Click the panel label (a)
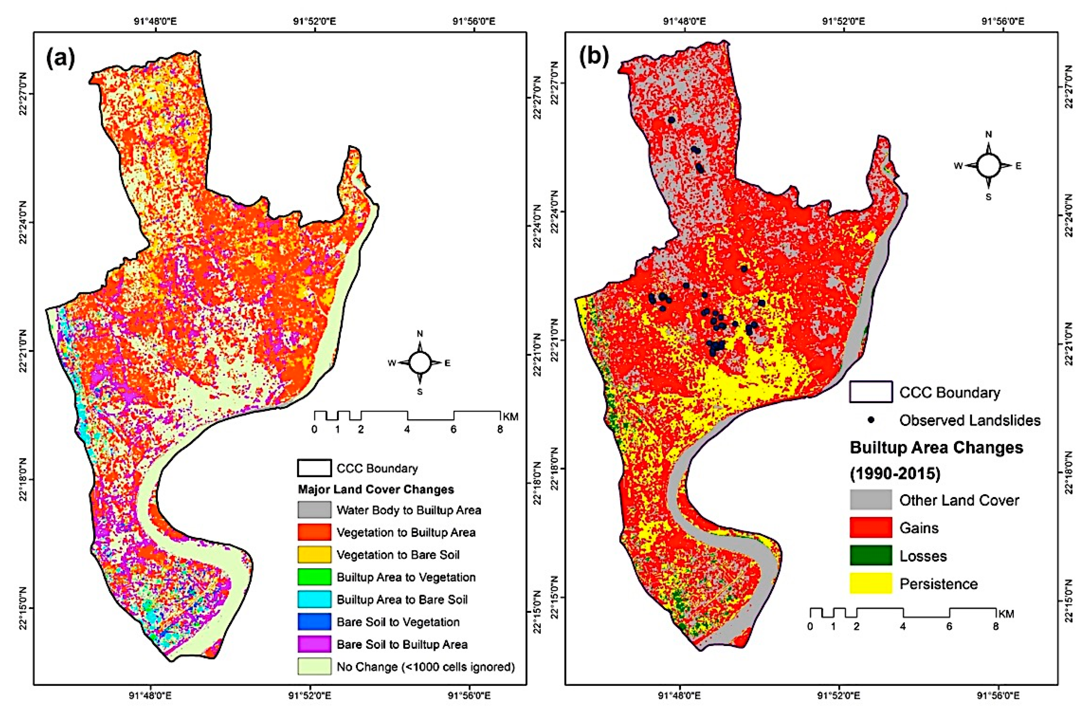pyautogui.click(x=60, y=58)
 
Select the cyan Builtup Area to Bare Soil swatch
pyautogui.click(x=314, y=599)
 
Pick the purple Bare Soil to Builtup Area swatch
pyautogui.click(x=314, y=644)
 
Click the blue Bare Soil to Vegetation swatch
pyautogui.click(x=314, y=622)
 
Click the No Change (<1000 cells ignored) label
pyautogui.click(x=426, y=666)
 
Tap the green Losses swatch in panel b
pyautogui.click(x=871, y=555)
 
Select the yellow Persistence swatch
pyautogui.click(x=871, y=583)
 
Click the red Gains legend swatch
pyautogui.click(x=871, y=527)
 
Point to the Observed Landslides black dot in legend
pyautogui.click(x=871, y=419)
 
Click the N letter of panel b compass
pyautogui.click(x=988, y=135)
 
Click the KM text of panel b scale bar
pyautogui.click(x=1007, y=614)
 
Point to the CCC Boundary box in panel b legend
pyautogui.click(x=871, y=392)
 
